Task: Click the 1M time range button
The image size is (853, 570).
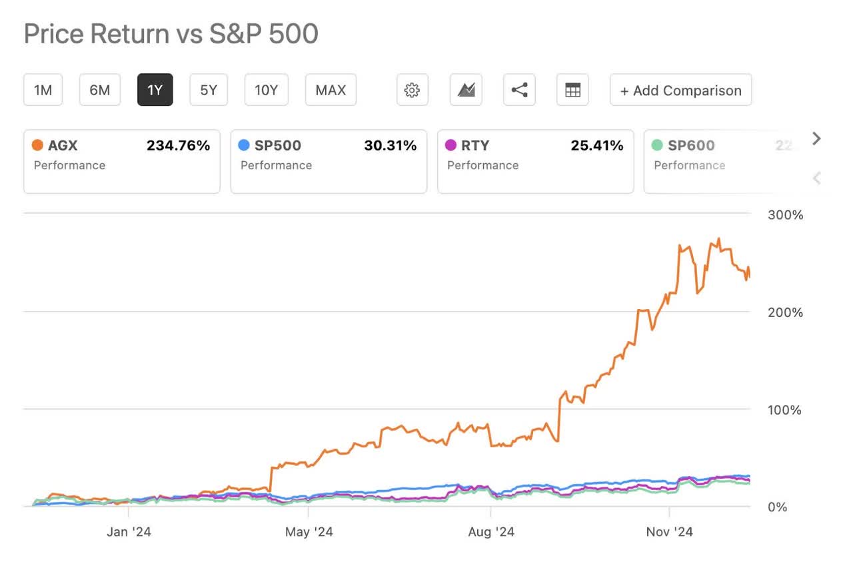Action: [x=43, y=90]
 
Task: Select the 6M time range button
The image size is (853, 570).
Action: [x=99, y=90]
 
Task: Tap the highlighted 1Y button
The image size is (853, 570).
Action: [x=155, y=90]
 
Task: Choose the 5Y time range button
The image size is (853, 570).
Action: [x=209, y=90]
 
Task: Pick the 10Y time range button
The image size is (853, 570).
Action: [x=266, y=90]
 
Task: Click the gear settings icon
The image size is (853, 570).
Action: [x=412, y=90]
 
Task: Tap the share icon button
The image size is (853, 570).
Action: [x=519, y=90]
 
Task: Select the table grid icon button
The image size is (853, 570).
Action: [x=572, y=90]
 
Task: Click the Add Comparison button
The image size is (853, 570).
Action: [x=680, y=91]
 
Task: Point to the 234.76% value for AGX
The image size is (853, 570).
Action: [x=178, y=145]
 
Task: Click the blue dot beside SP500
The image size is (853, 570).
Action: [x=244, y=145]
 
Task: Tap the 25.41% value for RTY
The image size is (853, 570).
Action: [x=596, y=145]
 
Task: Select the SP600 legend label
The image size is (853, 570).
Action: [x=691, y=145]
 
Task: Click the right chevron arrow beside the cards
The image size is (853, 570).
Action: [x=817, y=139]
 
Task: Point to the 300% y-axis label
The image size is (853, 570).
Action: [x=786, y=215]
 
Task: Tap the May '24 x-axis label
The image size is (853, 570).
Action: [x=309, y=532]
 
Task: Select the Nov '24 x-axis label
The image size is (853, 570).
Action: [x=670, y=532]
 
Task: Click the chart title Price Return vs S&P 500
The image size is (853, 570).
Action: [x=171, y=34]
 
